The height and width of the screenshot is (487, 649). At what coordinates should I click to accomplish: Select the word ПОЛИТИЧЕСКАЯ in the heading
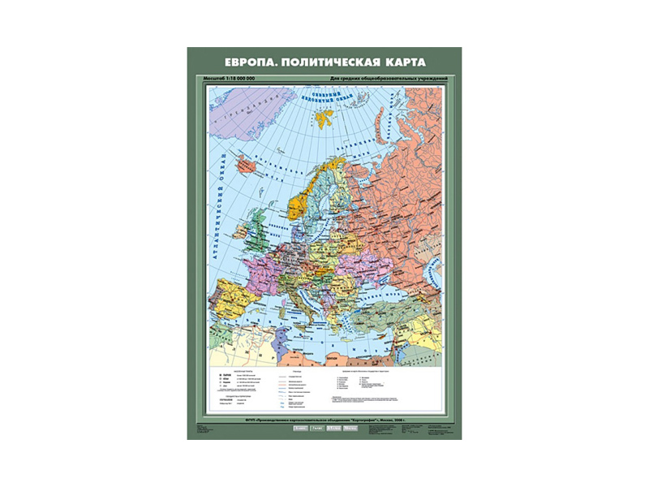click(x=323, y=62)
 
